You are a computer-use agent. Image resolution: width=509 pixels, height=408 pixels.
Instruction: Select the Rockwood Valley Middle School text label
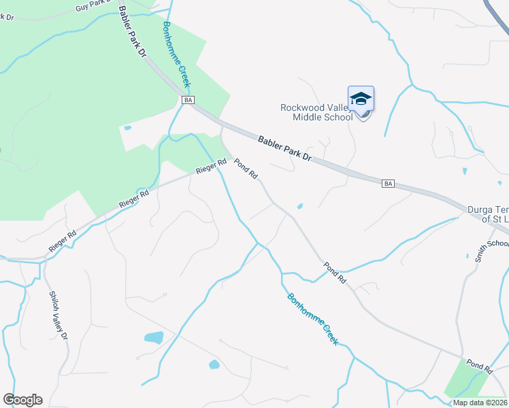point(316,112)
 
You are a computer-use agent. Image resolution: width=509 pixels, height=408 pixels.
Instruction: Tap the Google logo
point(22,400)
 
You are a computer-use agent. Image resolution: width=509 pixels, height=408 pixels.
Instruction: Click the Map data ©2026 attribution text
point(480,403)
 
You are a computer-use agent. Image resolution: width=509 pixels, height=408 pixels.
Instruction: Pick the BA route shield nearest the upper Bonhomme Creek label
point(189,100)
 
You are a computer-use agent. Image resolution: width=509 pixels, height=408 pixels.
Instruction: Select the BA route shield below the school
point(388,184)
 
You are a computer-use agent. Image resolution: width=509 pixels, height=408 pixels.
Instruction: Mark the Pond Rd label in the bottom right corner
point(479,366)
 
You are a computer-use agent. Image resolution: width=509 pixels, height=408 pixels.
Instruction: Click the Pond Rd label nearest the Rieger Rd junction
point(246,169)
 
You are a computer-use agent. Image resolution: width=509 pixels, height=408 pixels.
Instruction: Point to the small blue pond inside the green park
point(128,127)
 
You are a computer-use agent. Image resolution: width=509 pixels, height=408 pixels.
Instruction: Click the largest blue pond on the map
point(154,337)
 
